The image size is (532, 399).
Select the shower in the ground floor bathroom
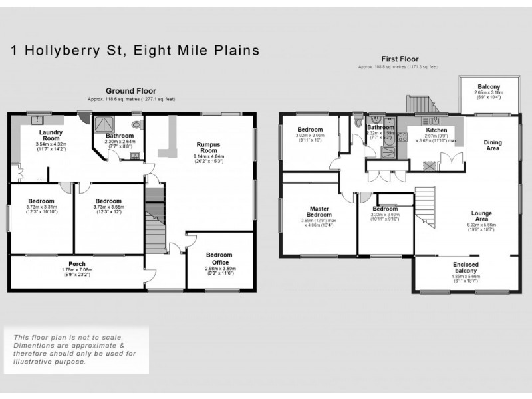click(104, 124)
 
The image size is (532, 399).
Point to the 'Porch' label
click(77, 264)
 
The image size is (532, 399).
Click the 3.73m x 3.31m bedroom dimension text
click(41, 207)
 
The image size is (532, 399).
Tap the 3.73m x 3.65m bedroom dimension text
click(108, 207)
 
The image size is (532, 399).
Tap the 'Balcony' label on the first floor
click(489, 86)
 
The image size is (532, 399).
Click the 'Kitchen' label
click(436, 130)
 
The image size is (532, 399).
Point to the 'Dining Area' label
click(493, 145)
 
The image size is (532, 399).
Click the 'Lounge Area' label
click(481, 217)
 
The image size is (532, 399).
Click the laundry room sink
click(37, 120)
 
